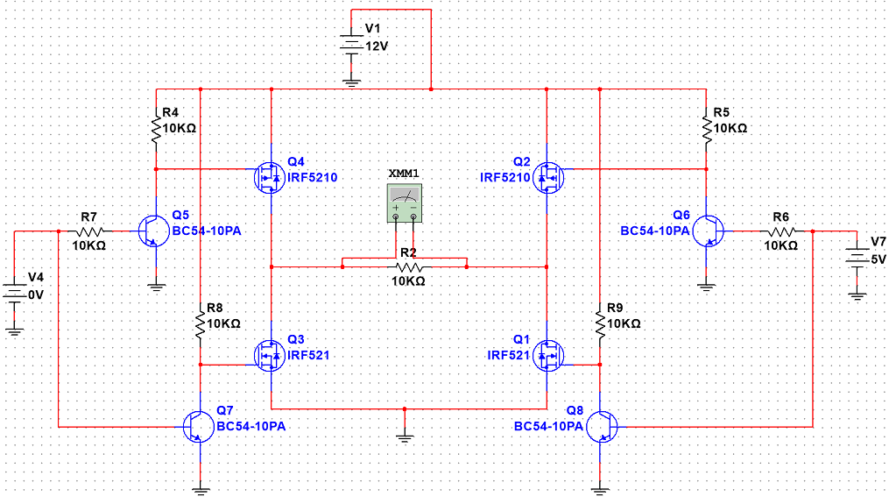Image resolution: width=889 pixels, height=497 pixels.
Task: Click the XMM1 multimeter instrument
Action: point(405,202)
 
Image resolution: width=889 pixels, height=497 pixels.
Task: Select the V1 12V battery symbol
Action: point(351,46)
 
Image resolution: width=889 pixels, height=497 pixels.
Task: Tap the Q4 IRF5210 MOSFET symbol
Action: point(269,178)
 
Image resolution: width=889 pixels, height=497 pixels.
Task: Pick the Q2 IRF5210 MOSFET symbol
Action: point(548,178)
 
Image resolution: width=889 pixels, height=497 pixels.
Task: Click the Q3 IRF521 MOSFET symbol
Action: point(269,356)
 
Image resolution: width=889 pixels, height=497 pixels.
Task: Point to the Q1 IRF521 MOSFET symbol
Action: point(548,356)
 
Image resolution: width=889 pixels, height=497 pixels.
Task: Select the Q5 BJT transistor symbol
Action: point(153,231)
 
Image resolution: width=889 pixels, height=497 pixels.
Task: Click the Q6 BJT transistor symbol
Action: point(709,231)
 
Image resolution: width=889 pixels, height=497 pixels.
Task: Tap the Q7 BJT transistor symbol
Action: point(199,427)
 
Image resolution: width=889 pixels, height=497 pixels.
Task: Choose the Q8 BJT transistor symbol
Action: point(602,427)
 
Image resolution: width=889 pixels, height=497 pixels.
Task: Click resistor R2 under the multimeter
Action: point(409,266)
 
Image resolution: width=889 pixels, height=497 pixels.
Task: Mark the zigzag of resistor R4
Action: point(156,130)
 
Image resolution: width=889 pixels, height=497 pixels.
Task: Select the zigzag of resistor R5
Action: point(707,130)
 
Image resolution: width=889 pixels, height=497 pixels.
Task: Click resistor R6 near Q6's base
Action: point(782,231)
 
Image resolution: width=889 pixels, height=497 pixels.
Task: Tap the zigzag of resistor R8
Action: point(200,325)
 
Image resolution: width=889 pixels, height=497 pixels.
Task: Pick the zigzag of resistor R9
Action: point(600,325)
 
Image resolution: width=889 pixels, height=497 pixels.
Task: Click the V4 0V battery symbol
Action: point(14,294)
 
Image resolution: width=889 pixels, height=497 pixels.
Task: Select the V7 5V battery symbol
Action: point(857,258)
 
